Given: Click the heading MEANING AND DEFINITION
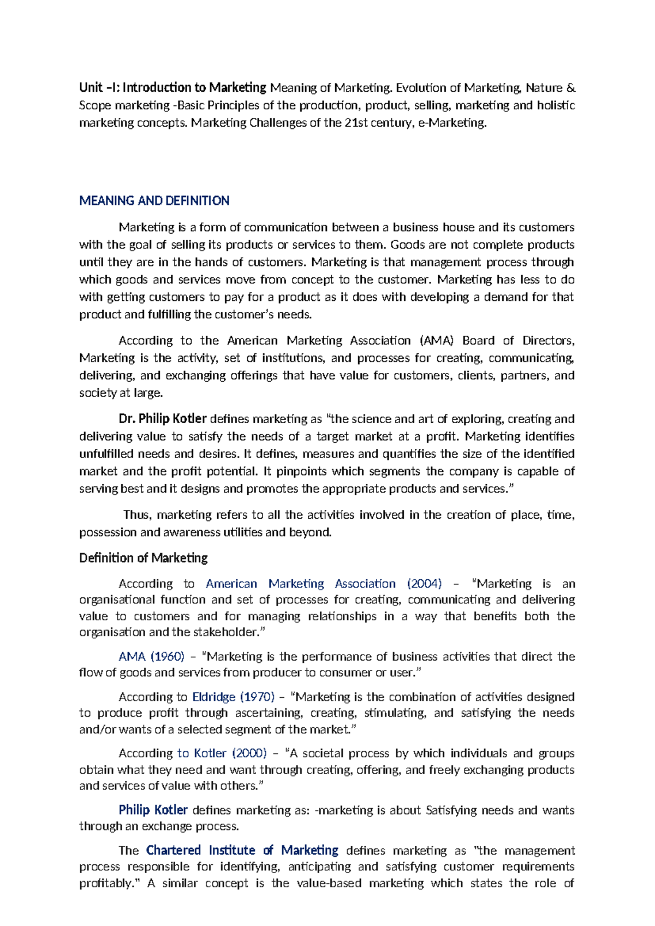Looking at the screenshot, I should pos(154,200).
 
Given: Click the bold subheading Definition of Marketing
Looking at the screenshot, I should pos(143,558).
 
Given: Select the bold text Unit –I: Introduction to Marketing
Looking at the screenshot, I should pos(172,87).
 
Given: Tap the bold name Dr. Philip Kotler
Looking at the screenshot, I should pos(162,419).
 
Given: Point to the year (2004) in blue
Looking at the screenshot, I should pos(424,584).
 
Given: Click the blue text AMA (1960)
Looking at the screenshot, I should pos(151,656).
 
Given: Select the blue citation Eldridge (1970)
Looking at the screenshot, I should pos(233,697).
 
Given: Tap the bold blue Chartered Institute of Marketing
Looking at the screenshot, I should pos(242,851).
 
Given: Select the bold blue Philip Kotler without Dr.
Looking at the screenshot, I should pos(153,810).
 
